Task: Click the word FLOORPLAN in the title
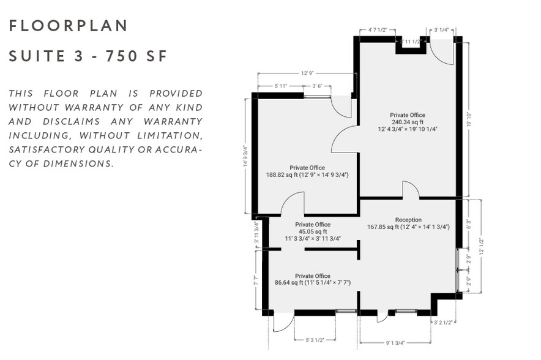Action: pos(68,26)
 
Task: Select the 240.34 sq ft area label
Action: pos(408,122)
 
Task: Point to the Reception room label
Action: pos(408,219)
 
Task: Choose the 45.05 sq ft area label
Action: pos(312,231)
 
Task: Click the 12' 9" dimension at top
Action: pos(307,73)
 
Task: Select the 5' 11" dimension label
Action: pos(281,86)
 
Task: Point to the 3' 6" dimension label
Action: pos(318,86)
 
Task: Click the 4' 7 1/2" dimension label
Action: pos(381,29)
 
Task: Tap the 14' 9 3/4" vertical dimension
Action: pos(246,156)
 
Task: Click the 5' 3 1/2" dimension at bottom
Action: pos(314,339)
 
